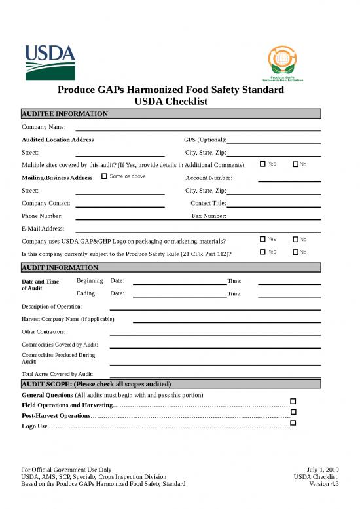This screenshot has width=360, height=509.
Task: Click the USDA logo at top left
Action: tap(50, 60)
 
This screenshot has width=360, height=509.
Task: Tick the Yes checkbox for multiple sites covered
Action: tap(262, 164)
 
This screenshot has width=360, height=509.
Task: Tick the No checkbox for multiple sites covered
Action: tap(295, 164)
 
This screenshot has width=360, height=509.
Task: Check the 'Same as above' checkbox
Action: tap(105, 176)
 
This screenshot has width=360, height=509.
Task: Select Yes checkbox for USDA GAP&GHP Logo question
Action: tap(262, 239)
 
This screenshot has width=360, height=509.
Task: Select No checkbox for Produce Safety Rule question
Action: tap(295, 252)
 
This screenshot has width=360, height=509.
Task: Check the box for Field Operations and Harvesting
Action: tap(293, 401)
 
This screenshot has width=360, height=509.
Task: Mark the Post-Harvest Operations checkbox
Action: tap(293, 412)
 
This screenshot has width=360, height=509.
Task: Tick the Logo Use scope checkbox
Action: tap(293, 423)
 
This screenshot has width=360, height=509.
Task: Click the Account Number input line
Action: tap(289, 180)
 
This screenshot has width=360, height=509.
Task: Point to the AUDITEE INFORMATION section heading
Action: tap(65, 114)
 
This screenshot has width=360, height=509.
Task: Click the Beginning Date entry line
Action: tap(179, 284)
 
